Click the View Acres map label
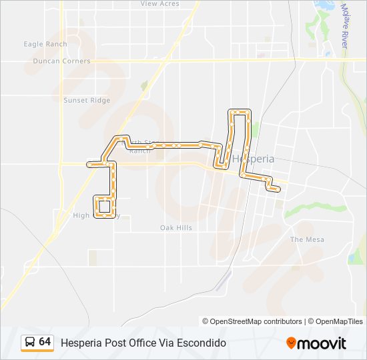pyautogui.click(x=160, y=4)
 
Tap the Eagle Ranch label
pyautogui.click(x=45, y=45)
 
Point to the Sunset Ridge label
pyautogui.click(x=87, y=101)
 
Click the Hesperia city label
pyautogui.click(x=254, y=159)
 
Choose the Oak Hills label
pyautogui.click(x=176, y=228)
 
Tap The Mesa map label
pyautogui.click(x=307, y=239)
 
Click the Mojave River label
pyautogui.click(x=345, y=27)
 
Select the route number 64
pyautogui.click(x=45, y=342)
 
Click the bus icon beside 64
pyautogui.click(x=30, y=343)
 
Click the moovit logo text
pyautogui.click(x=322, y=343)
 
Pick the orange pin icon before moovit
pyautogui.click(x=291, y=343)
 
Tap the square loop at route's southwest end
pyautogui.click(x=103, y=207)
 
